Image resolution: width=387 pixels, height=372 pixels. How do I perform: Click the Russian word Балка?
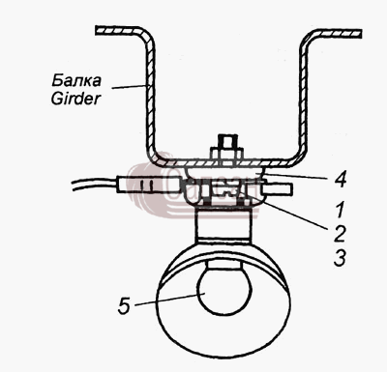tap(76, 80)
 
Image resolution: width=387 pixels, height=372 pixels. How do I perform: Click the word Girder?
tap(75, 99)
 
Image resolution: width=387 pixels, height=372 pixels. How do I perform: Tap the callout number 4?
tap(340, 180)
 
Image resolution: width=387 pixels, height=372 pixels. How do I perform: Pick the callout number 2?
tap(340, 234)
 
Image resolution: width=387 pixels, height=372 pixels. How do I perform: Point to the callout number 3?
tap(340, 258)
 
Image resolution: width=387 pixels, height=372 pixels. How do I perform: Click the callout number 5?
tap(124, 305)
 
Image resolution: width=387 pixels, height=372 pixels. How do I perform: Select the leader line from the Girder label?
tap(129, 86)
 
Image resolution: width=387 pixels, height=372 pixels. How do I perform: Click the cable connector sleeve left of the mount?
tap(148, 186)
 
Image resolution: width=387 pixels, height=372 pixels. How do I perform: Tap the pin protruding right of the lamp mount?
tap(278, 188)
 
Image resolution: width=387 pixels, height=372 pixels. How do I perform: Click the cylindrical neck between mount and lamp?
tap(223, 225)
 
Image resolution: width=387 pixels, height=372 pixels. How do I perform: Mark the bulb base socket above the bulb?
tap(224, 265)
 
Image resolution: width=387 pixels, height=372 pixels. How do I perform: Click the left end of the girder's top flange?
tap(97, 31)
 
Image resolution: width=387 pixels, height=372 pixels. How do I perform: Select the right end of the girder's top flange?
tap(360, 34)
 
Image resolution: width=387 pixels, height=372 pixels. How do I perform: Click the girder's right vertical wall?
tap(304, 97)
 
